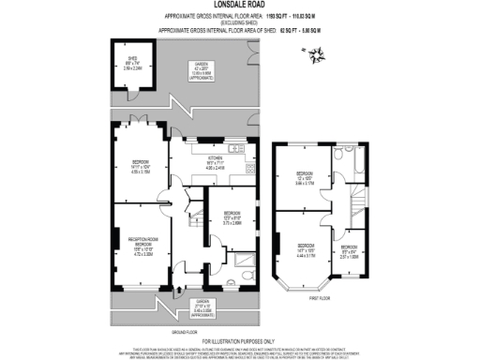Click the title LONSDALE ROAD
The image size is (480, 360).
[240, 7]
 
